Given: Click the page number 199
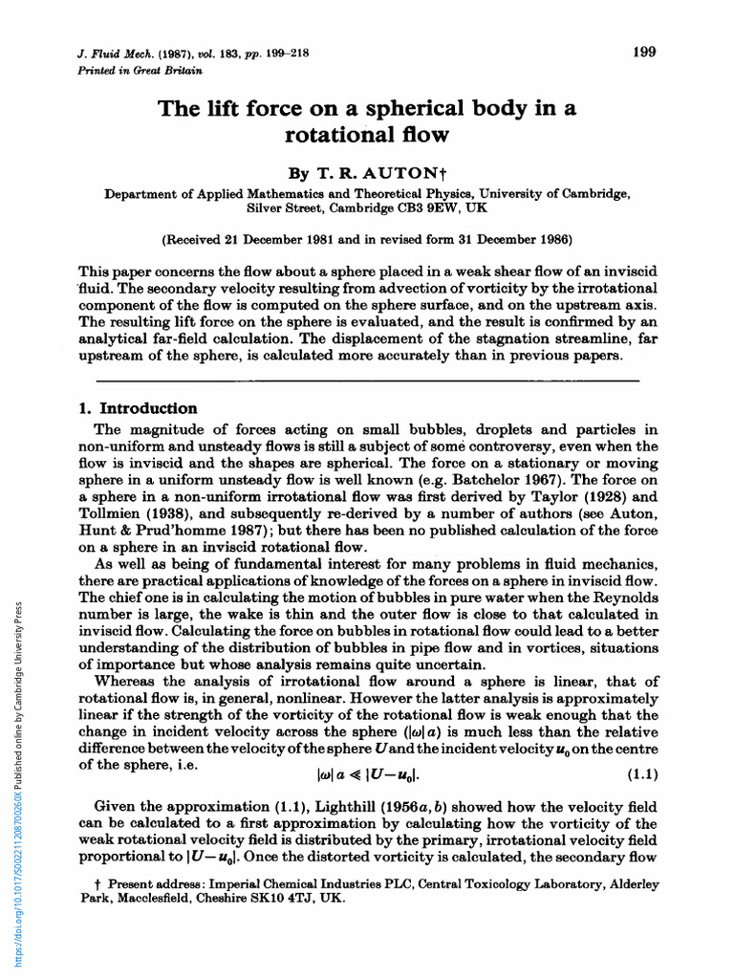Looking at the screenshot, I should click(x=644, y=52).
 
